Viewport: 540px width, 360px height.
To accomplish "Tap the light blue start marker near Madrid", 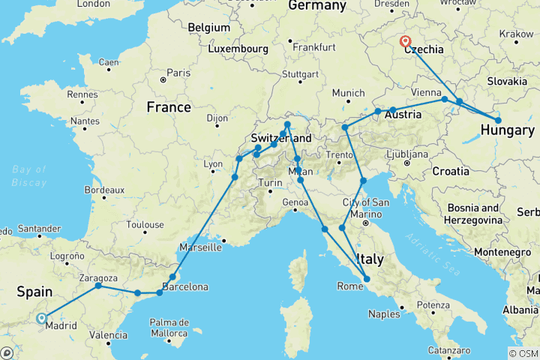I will [41, 318].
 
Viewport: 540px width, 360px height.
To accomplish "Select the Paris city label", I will [178, 73].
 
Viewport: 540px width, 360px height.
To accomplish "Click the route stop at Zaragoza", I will [98, 286].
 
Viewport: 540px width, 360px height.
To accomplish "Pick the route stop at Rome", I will [367, 280].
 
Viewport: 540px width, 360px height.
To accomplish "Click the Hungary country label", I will [507, 130].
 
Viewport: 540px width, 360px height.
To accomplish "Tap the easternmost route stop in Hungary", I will [498, 120].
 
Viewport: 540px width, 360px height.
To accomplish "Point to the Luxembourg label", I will [237, 48].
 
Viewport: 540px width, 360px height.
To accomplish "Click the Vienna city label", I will [426, 91].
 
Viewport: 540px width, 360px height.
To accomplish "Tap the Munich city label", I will [347, 93].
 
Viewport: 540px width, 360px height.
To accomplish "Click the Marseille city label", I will [201, 246].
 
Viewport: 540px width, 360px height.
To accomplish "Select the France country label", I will [169, 107].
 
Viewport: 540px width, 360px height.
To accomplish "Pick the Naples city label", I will [382, 314].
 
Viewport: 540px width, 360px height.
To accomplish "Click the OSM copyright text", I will [523, 353].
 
